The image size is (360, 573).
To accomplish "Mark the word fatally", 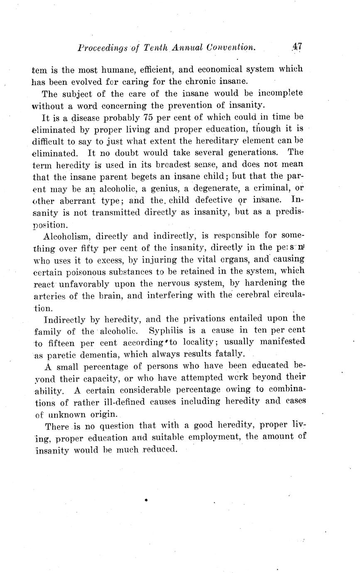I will pyautogui.click(x=227, y=354).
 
